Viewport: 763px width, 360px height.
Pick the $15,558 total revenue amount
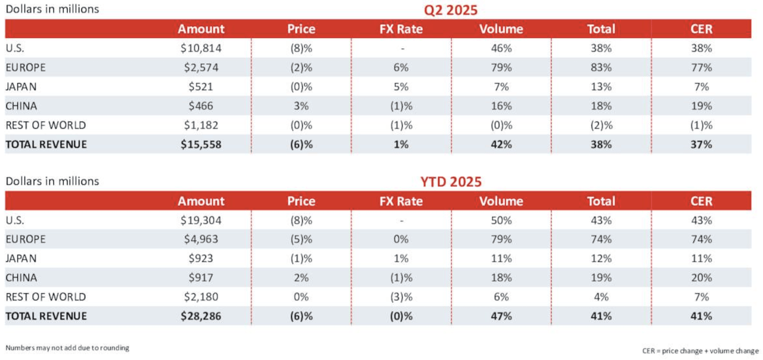point(201,144)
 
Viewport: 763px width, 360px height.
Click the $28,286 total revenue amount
point(201,316)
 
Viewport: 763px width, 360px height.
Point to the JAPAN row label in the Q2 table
point(21,86)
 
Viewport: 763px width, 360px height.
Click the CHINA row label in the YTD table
point(21,277)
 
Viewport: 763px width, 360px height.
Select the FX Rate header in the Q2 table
point(401,29)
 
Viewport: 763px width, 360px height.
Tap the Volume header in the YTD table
point(501,201)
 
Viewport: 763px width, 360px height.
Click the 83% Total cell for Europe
point(601,67)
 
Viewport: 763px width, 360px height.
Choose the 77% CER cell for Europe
point(702,67)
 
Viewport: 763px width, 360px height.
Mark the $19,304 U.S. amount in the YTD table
point(201,220)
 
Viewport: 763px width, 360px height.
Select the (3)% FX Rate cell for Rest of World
point(401,296)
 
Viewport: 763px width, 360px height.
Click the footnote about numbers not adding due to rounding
point(67,347)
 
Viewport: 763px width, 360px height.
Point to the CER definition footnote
point(700,350)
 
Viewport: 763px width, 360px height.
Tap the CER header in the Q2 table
point(702,29)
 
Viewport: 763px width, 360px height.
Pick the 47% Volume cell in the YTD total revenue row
point(501,316)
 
